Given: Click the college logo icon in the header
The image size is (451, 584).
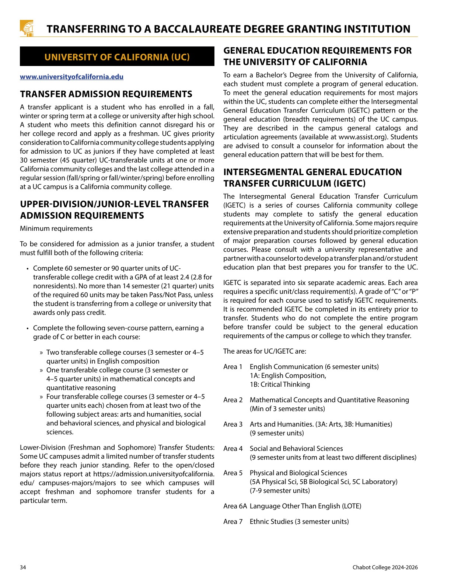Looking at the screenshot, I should point(27,28).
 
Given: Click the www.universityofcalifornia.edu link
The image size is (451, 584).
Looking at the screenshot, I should point(71,77).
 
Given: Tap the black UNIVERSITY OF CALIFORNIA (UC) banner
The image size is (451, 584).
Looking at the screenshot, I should point(117,57).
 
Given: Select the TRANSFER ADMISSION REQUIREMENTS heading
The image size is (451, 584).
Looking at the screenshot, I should point(106,94).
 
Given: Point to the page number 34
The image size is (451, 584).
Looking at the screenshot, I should point(23,567).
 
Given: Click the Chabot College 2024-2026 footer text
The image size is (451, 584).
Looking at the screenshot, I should point(385,567).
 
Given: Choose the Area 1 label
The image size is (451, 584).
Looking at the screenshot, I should point(233,367).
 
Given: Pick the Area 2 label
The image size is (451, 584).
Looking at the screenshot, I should point(233,400).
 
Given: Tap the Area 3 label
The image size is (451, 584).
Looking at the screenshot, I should point(233,424).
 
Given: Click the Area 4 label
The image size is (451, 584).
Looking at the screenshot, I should point(233,449).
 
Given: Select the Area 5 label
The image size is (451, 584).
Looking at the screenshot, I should point(233,473).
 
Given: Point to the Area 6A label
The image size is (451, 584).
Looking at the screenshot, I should point(235,506).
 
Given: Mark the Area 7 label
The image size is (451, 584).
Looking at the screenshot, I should point(233,522).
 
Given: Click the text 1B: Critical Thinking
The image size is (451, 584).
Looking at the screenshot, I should point(280,385).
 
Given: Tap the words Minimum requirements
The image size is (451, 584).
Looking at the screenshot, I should point(56,229).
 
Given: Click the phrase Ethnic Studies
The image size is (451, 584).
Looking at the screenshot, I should point(271,522).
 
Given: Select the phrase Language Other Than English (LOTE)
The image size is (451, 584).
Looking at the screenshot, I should point(305,506).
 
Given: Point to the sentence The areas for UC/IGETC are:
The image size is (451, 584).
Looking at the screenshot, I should point(265,351).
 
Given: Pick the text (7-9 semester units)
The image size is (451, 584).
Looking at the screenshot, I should point(280,491).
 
